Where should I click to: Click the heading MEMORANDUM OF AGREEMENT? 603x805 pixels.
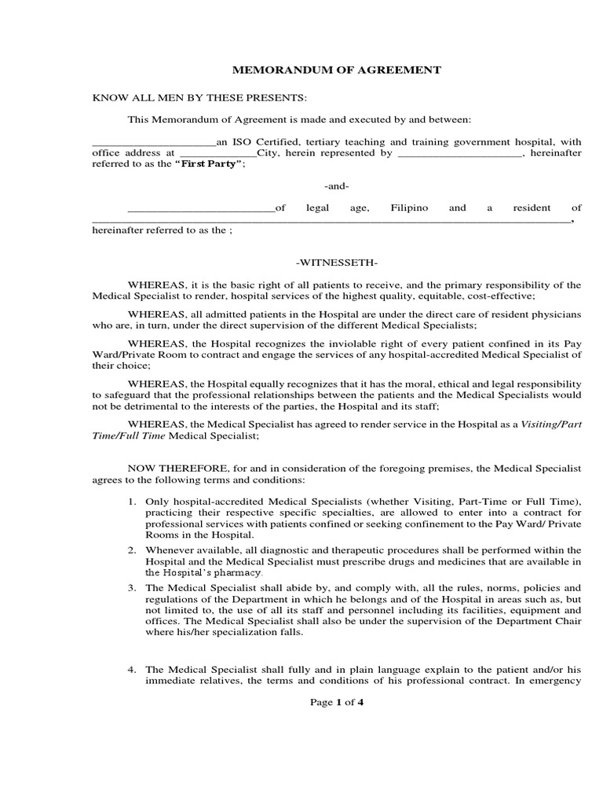pos(336,70)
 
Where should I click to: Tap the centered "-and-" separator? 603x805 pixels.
pos(337,186)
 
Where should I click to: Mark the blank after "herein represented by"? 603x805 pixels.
pos(460,154)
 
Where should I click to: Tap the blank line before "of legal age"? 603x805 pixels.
pos(201,209)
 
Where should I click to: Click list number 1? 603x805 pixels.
pos(131,502)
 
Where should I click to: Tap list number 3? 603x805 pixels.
pos(131,587)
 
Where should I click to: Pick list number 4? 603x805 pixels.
pos(131,669)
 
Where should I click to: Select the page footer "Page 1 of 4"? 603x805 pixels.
pos(337,703)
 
